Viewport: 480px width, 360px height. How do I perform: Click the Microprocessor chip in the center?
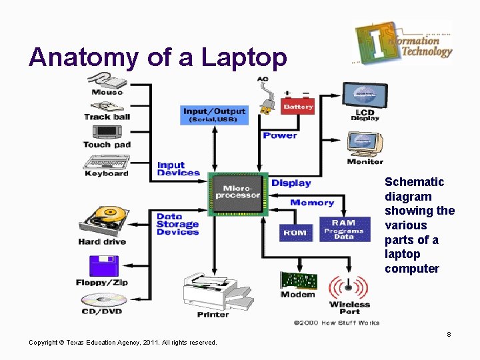[238, 193]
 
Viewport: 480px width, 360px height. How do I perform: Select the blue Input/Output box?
[214, 115]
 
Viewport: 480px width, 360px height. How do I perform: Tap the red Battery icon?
[297, 105]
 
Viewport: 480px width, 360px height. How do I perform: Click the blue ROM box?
[295, 232]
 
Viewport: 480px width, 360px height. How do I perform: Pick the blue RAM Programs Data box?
[343, 229]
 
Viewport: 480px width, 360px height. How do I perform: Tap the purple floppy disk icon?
[103, 265]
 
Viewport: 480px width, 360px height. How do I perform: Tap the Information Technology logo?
[403, 41]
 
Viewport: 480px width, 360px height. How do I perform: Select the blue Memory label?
[311, 203]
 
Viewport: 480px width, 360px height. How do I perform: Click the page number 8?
[449, 334]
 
